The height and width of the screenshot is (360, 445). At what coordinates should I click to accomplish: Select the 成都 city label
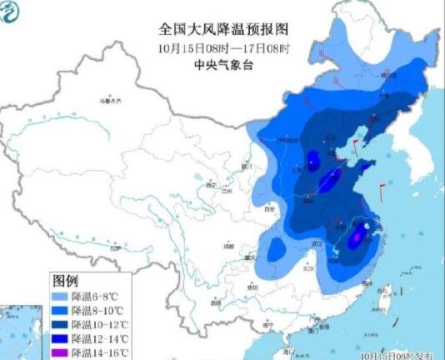(228, 247)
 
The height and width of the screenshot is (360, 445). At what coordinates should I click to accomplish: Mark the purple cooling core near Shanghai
(357, 237)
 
